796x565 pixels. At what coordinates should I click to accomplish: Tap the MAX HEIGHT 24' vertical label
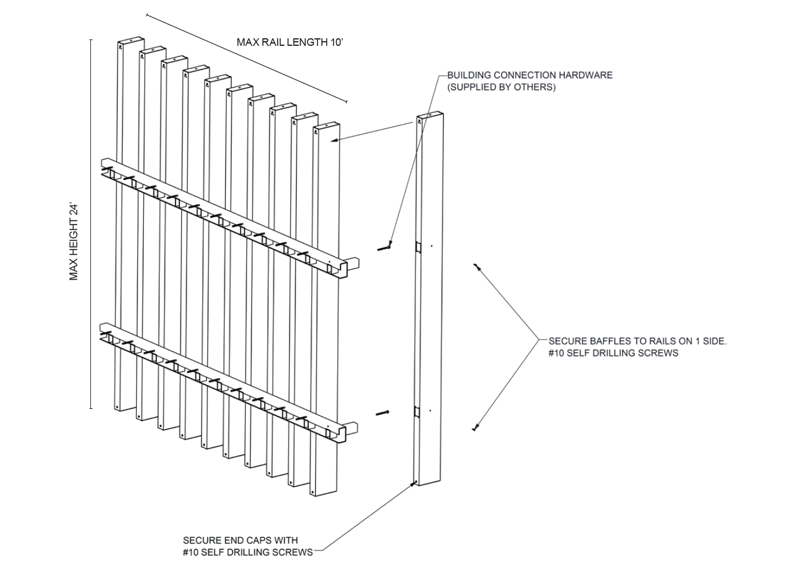click(74, 242)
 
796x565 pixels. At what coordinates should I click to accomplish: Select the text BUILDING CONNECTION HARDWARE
click(530, 75)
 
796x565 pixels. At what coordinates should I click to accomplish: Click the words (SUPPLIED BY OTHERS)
click(501, 87)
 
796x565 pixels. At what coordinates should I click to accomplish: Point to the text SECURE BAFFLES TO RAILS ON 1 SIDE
click(637, 341)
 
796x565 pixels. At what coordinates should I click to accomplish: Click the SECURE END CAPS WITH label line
click(240, 540)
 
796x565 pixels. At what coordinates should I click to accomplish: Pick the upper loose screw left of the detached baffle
click(384, 248)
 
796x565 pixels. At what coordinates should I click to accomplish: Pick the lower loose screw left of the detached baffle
click(382, 413)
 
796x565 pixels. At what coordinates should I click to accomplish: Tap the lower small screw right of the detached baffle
click(475, 428)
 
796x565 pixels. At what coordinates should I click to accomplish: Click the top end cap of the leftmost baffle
click(131, 41)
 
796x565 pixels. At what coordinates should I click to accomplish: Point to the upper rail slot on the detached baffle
click(417, 247)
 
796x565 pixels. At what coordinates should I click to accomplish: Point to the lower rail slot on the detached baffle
click(417, 412)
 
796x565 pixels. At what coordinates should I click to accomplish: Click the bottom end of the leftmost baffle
click(118, 407)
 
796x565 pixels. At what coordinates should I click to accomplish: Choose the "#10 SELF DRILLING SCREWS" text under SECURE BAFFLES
click(613, 353)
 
